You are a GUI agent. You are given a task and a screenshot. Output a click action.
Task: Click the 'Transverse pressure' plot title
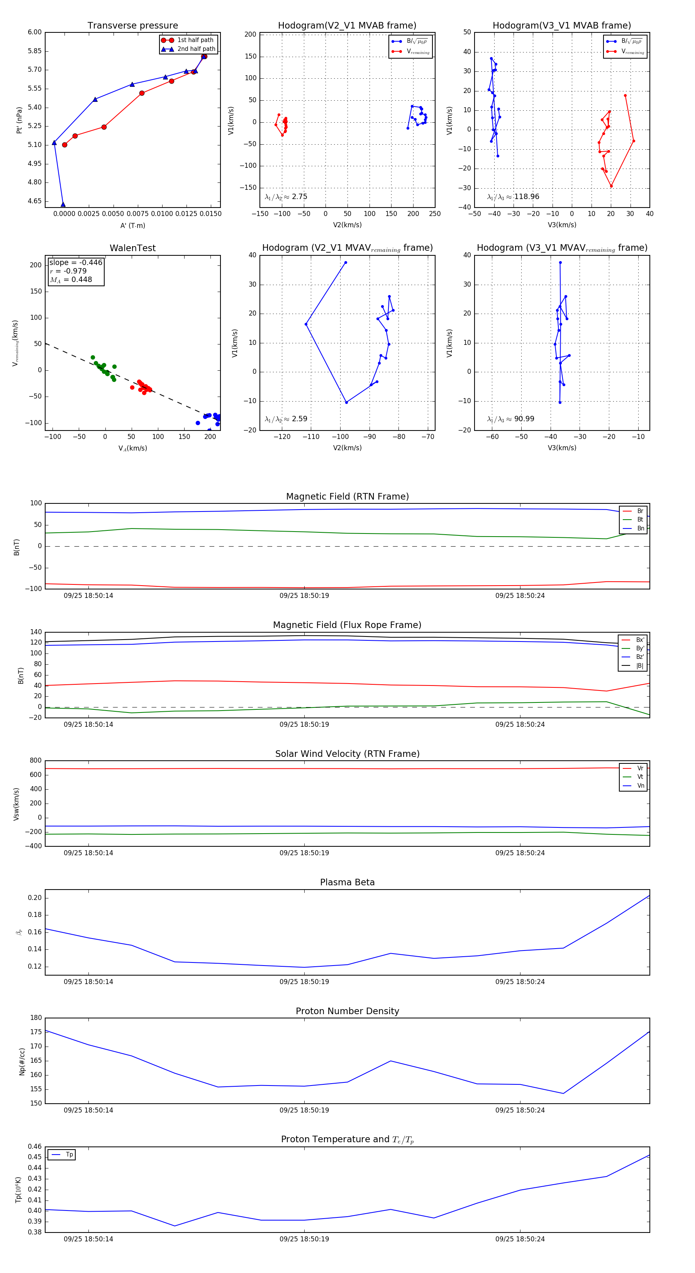(132, 26)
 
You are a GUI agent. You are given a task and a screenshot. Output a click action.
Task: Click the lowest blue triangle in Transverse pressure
(63, 204)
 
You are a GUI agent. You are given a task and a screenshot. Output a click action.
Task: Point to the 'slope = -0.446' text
(76, 262)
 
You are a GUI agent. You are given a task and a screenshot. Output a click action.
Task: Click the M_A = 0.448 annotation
(71, 280)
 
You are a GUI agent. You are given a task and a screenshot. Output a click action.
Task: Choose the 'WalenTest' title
(132, 248)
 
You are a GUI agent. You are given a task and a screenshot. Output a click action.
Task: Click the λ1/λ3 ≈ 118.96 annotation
(513, 197)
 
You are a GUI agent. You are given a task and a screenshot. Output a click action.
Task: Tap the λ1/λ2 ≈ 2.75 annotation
(286, 197)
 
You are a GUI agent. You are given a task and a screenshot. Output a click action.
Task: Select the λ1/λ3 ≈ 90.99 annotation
(510, 419)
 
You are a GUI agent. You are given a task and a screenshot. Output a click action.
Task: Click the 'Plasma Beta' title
(347, 882)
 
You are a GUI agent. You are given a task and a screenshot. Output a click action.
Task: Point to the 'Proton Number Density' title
(347, 1011)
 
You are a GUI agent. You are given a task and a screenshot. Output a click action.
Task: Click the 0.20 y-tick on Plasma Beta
(35, 898)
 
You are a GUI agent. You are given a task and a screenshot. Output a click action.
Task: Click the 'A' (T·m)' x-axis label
(132, 225)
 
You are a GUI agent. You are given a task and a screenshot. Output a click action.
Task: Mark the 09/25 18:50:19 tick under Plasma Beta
(304, 981)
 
